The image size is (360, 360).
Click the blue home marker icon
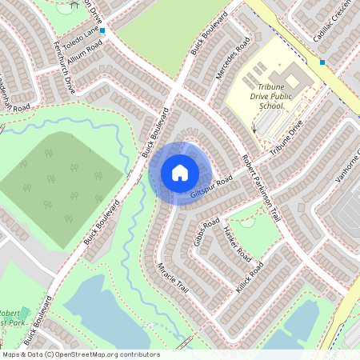pos(179,173)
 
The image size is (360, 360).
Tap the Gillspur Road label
pos(212,187)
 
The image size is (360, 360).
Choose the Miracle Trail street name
pos(171,277)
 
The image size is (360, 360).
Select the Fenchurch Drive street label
pos(62,71)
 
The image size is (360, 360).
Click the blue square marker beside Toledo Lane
pos(102,30)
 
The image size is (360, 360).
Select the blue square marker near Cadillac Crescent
pos(322,62)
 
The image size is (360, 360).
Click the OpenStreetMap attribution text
pos(81,354)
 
